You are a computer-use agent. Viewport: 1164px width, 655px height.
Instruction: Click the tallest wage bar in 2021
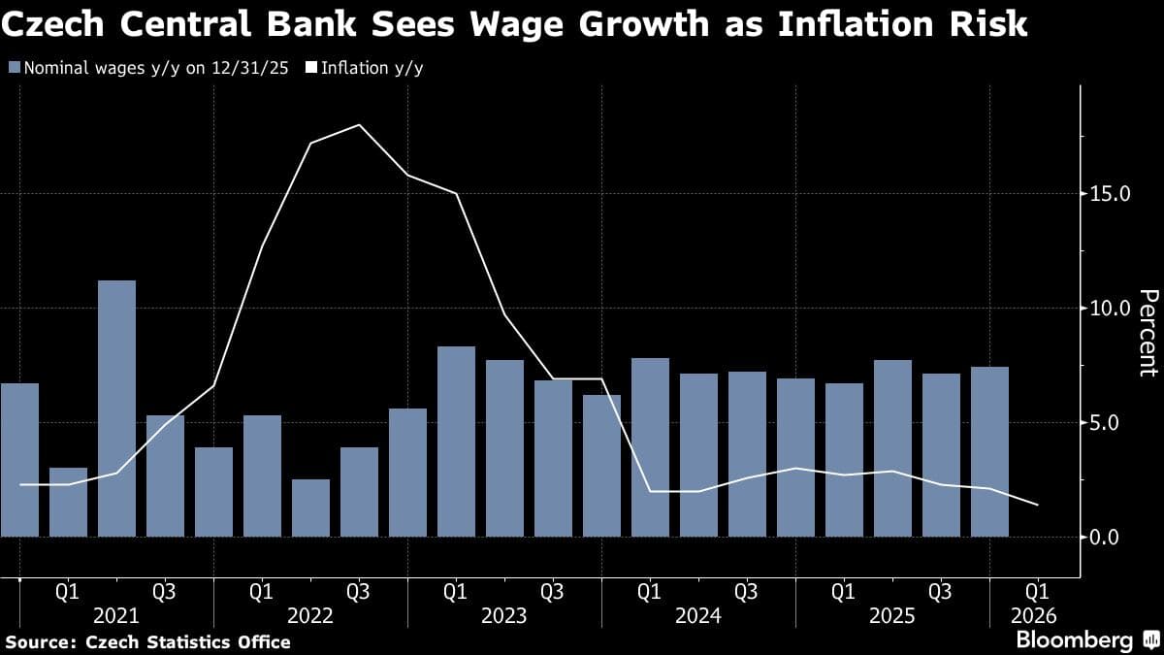tap(116, 408)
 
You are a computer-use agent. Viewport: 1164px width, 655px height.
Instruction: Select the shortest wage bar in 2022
tap(310, 508)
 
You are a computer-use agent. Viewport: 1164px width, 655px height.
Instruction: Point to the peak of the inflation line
tap(359, 125)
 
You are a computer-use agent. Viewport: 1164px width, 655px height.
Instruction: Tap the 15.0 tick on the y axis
tap(1111, 193)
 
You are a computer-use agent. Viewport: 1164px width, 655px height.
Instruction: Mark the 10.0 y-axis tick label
tap(1111, 308)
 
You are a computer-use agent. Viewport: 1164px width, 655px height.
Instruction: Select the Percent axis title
tap(1148, 332)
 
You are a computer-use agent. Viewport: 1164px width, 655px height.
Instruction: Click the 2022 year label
tap(310, 615)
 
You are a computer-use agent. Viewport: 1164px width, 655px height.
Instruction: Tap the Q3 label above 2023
tap(552, 590)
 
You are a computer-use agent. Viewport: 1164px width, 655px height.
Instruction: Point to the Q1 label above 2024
tap(649, 590)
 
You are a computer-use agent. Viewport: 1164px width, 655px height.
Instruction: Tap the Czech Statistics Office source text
tap(188, 641)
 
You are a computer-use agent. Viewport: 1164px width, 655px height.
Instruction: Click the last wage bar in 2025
tap(989, 451)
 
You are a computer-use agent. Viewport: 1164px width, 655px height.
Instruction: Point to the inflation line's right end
tap(1038, 505)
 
